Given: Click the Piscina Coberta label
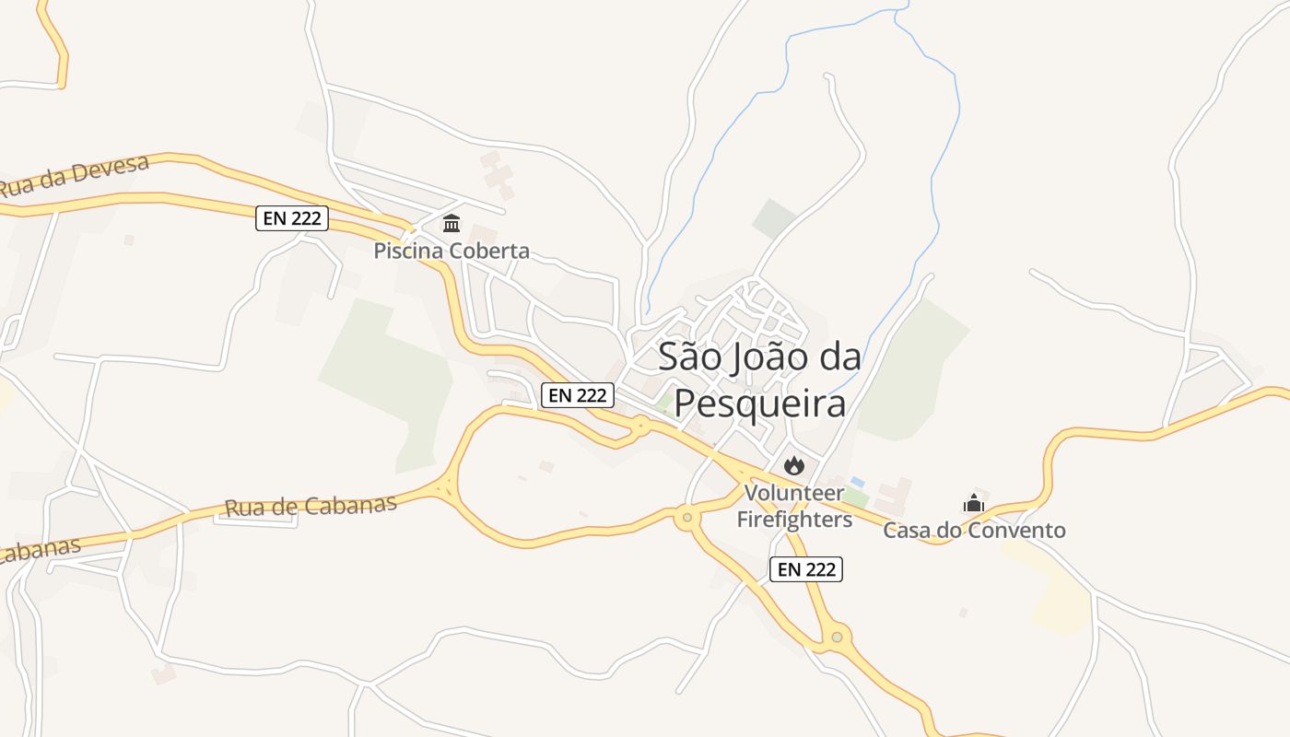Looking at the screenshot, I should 451,251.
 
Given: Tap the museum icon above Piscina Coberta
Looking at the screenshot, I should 451,224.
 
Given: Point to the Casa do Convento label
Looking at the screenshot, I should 974,531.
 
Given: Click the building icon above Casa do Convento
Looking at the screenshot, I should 974,503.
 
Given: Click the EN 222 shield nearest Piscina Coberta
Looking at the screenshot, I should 291,218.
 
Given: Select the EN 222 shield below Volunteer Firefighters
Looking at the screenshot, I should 806,569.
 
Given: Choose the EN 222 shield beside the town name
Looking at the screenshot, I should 577,395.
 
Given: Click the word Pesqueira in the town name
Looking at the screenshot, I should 760,404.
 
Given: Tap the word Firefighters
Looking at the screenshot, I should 794,520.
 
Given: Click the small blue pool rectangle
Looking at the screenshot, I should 858,482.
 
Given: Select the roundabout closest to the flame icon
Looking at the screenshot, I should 686,519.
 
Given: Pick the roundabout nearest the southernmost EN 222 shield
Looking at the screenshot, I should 837,636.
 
